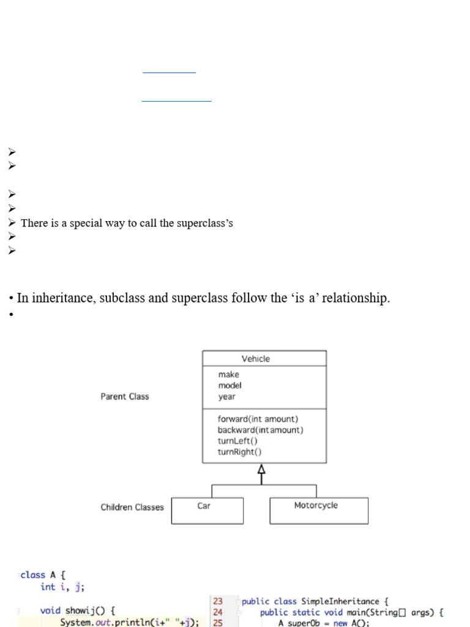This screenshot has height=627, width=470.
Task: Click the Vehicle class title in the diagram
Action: tap(255, 359)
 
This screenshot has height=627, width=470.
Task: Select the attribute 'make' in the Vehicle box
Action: tap(228, 374)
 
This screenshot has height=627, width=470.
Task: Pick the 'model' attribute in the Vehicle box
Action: tap(229, 385)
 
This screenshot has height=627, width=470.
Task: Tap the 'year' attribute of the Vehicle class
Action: tap(226, 396)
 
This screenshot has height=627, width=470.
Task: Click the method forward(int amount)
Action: tap(258, 419)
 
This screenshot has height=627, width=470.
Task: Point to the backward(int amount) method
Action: tap(260, 430)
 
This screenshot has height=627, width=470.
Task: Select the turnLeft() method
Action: tap(237, 441)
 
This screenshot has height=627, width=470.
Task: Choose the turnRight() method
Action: tap(239, 452)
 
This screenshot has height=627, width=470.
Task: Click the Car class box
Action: tap(207, 510)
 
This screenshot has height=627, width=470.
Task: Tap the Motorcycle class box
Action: tap(318, 510)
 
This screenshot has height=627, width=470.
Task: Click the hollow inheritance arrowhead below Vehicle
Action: tap(262, 470)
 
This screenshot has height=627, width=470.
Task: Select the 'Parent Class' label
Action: tap(125, 396)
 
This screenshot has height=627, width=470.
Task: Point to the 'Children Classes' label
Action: tap(132, 507)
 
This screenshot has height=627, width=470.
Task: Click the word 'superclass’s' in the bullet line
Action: tap(205, 223)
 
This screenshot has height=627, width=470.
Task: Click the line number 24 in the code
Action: tap(218, 612)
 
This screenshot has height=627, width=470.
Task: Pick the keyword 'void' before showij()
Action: tap(50, 610)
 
